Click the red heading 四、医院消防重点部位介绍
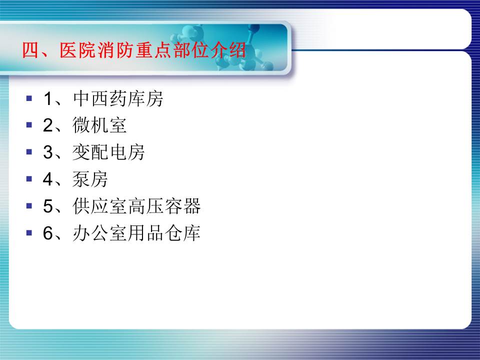134,50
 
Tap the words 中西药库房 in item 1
118,98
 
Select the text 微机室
99,125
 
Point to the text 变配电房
108,152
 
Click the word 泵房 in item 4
90,179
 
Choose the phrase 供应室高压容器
137,206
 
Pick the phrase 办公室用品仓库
137,233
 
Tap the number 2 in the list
48,125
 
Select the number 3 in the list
48,152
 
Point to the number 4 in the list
48,179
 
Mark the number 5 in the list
48,206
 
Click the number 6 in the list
48,233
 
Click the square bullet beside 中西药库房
29,98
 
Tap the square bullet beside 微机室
29,125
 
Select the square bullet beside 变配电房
29,152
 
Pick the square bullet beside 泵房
29,179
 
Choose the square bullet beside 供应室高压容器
29,205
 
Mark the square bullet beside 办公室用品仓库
29,232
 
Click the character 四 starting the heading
30,50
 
